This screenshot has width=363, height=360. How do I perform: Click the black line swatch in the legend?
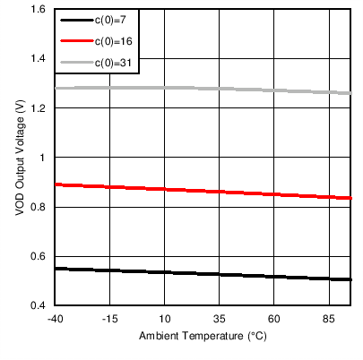pyautogui.click(x=74, y=19)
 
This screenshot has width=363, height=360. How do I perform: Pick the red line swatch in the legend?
pyautogui.click(x=74, y=41)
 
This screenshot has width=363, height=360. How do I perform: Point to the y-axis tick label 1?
pyautogui.click(x=42, y=158)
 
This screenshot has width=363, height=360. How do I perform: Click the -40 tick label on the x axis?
pyautogui.click(x=55, y=320)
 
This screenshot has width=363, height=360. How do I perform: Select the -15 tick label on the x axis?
pyautogui.click(x=109, y=320)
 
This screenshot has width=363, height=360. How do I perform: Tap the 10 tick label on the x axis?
pyautogui.click(x=165, y=320)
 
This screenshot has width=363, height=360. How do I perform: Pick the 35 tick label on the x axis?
pyautogui.click(x=220, y=320)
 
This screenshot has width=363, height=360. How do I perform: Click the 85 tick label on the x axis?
pyautogui.click(x=329, y=320)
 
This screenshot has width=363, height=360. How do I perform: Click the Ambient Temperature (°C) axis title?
pyautogui.click(x=203, y=338)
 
